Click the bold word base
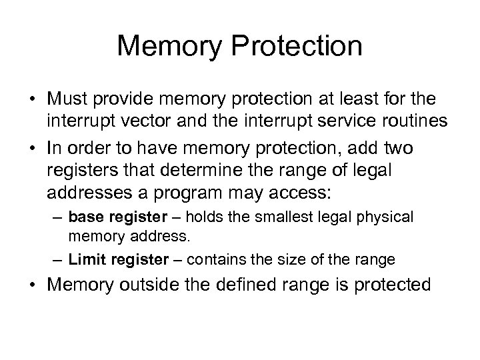84,217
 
